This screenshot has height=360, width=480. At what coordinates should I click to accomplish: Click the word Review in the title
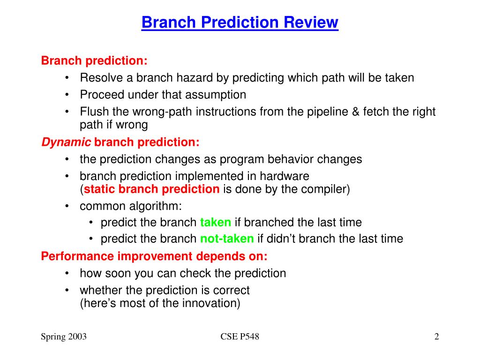click(311, 22)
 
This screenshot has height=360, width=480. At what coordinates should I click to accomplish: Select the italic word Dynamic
click(66, 142)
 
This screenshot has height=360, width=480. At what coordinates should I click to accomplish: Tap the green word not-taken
click(227, 239)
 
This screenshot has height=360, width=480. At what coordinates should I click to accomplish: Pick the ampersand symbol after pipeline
click(355, 112)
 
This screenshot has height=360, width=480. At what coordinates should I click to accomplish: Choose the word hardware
click(285, 176)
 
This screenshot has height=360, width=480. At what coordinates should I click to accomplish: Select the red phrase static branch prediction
click(151, 189)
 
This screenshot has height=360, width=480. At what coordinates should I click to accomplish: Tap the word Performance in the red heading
click(77, 256)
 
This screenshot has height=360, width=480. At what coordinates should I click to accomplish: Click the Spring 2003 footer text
click(64, 337)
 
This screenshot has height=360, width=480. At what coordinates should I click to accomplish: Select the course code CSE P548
click(240, 337)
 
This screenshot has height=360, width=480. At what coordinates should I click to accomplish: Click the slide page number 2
click(436, 337)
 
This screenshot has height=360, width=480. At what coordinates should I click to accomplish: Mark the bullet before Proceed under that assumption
click(67, 95)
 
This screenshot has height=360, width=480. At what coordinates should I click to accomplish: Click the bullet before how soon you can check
click(67, 273)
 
